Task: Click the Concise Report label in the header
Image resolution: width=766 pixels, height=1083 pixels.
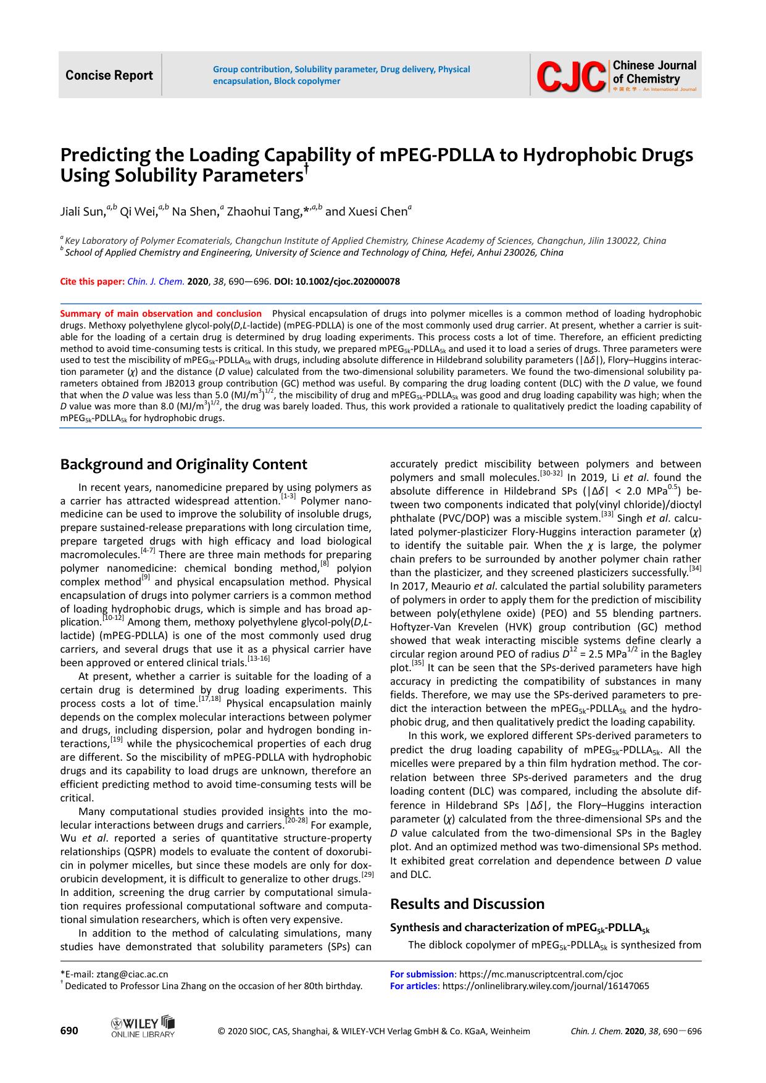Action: click(x=109, y=75)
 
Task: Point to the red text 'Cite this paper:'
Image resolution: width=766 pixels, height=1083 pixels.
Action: click(x=92, y=282)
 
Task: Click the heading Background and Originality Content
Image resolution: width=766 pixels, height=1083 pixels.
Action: click(x=183, y=464)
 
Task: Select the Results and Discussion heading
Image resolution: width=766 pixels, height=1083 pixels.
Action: click(x=467, y=904)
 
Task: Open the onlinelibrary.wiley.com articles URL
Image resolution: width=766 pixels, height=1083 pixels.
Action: click(x=546, y=986)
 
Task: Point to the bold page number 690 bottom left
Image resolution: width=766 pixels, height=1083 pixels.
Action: click(x=69, y=1031)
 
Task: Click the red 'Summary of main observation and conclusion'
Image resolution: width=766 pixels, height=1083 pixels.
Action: click(x=160, y=314)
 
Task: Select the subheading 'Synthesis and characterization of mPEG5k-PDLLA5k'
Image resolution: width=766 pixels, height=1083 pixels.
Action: click(x=520, y=927)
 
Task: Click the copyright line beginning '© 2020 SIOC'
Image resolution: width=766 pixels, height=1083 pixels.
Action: click(x=374, y=1031)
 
